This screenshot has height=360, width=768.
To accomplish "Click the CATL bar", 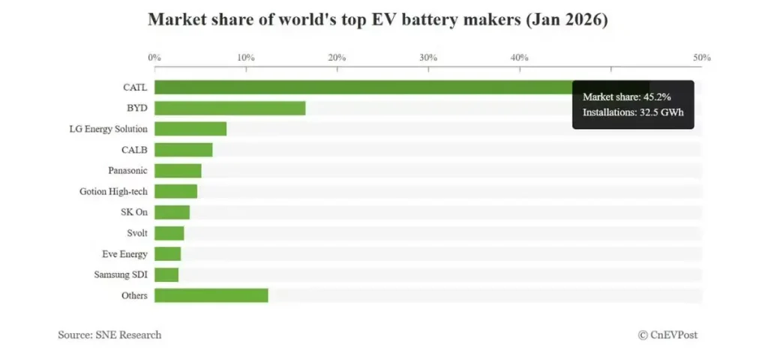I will pyautogui.click(x=360, y=87).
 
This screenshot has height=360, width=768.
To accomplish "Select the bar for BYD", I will pyautogui.click(x=229, y=108).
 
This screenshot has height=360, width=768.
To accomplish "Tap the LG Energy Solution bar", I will pyautogui.click(x=190, y=129).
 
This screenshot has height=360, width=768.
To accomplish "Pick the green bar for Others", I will pyautogui.click(x=211, y=295).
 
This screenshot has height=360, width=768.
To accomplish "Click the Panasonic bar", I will pyautogui.click(x=178, y=170).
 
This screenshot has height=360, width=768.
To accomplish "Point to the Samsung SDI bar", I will pyautogui.click(x=166, y=274).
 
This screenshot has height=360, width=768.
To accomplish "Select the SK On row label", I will pyautogui.click(x=134, y=212).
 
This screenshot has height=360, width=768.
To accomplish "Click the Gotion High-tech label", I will pyautogui.click(x=113, y=191).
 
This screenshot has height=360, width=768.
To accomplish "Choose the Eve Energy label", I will pyautogui.click(x=124, y=254).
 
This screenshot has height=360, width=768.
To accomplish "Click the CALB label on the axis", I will pyautogui.click(x=134, y=150).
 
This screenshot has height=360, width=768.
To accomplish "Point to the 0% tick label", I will pyautogui.click(x=154, y=58).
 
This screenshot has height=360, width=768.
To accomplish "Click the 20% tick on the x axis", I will pyautogui.click(x=337, y=58).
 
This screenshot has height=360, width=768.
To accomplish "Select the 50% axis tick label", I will pyautogui.click(x=701, y=58).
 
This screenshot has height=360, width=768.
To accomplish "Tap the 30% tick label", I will pyautogui.click(x=428, y=58).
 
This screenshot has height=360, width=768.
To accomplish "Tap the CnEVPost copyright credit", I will pyautogui.click(x=667, y=334).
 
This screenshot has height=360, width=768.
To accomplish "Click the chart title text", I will pyautogui.click(x=377, y=20).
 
